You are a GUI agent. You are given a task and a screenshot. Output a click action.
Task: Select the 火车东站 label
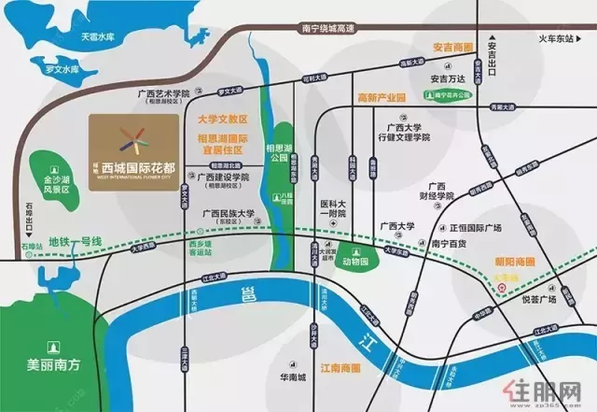pyautogui.click(x=559, y=38)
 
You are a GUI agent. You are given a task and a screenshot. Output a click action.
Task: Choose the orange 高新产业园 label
pyautogui.click(x=381, y=97)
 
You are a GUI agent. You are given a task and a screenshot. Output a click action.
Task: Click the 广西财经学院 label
pyautogui.click(x=437, y=191)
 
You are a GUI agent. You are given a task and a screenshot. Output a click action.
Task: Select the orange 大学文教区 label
pyautogui.click(x=223, y=120)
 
